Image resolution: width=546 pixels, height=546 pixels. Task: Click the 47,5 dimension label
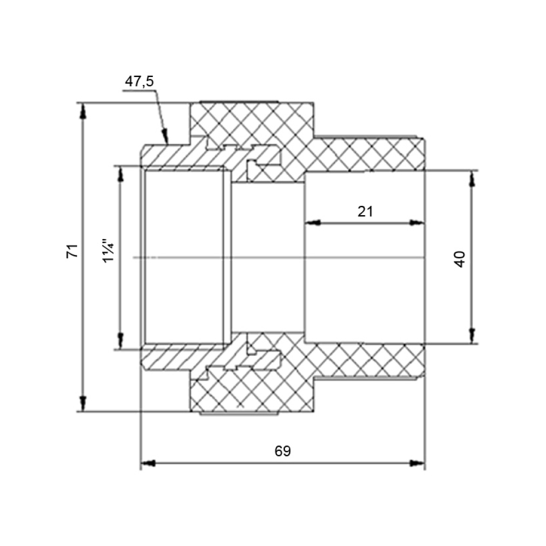tap(139, 81)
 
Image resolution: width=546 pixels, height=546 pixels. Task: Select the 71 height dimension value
tap(73, 251)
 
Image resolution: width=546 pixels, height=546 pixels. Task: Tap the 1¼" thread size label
tap(109, 251)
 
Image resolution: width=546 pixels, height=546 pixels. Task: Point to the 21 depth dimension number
tap(365, 211)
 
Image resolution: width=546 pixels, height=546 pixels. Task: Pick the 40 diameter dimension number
tap(460, 259)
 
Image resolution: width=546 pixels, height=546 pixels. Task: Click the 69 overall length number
tap(282, 451)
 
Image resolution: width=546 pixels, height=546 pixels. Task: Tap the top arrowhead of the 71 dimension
tap(83, 111)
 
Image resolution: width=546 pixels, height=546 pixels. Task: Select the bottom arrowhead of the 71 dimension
tap(83, 403)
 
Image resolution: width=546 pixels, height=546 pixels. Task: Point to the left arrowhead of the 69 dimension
tap(147, 463)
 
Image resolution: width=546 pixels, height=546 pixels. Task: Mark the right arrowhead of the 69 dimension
tap(417, 463)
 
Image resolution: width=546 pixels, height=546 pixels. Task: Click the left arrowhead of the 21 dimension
tap(312, 223)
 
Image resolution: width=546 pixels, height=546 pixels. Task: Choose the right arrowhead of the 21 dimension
tap(417, 223)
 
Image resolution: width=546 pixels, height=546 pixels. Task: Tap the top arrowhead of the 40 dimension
tap(472, 179)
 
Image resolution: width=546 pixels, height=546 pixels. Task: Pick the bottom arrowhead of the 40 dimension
tap(472, 336)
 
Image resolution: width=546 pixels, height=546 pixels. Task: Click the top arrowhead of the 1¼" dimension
tap(121, 174)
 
